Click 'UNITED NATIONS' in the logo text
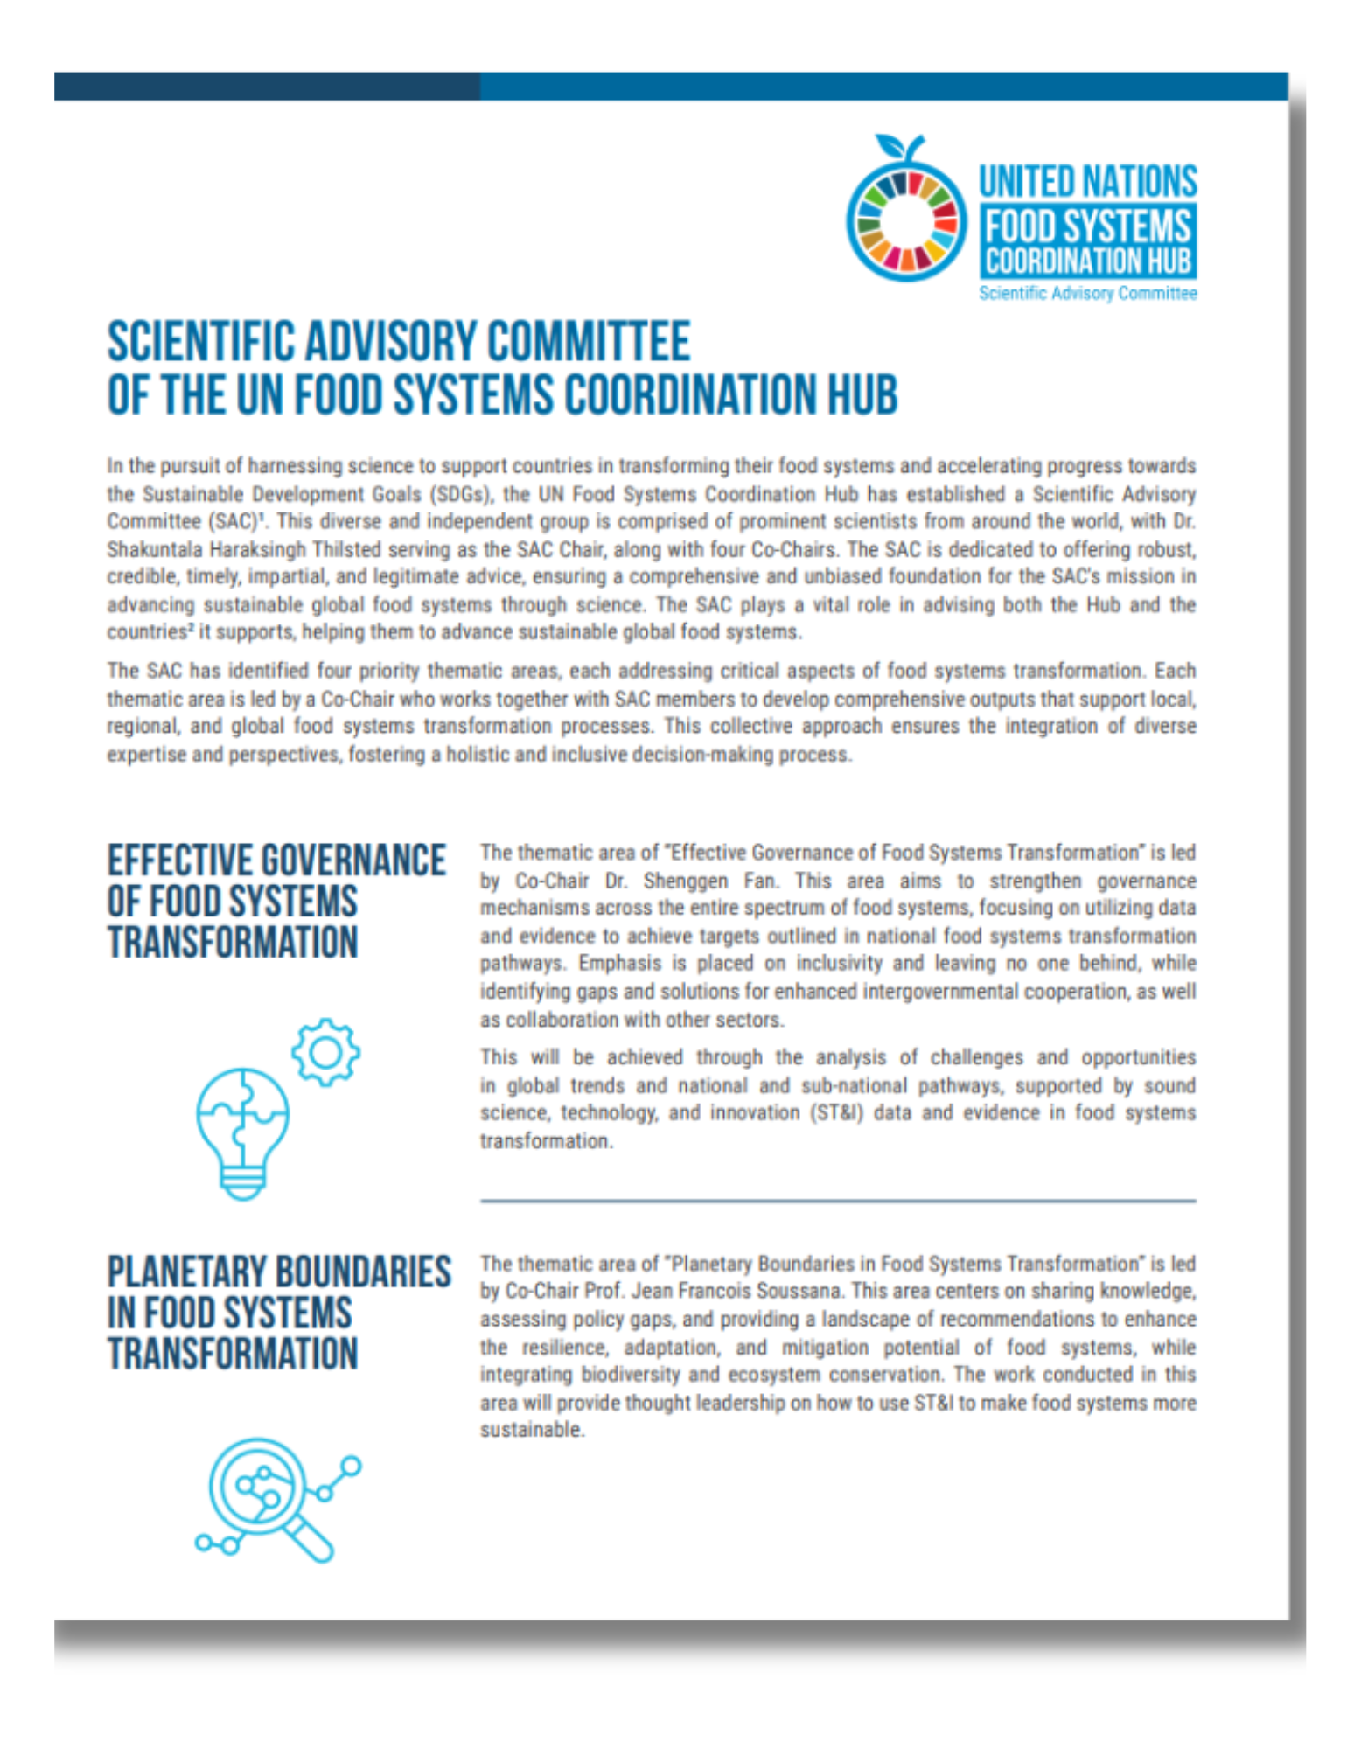click(x=1086, y=181)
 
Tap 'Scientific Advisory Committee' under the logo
click(x=1086, y=293)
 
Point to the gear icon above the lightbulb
click(x=325, y=1052)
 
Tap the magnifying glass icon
click(x=267, y=1498)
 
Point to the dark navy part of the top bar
click(x=266, y=87)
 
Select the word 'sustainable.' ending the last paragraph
click(x=531, y=1430)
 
